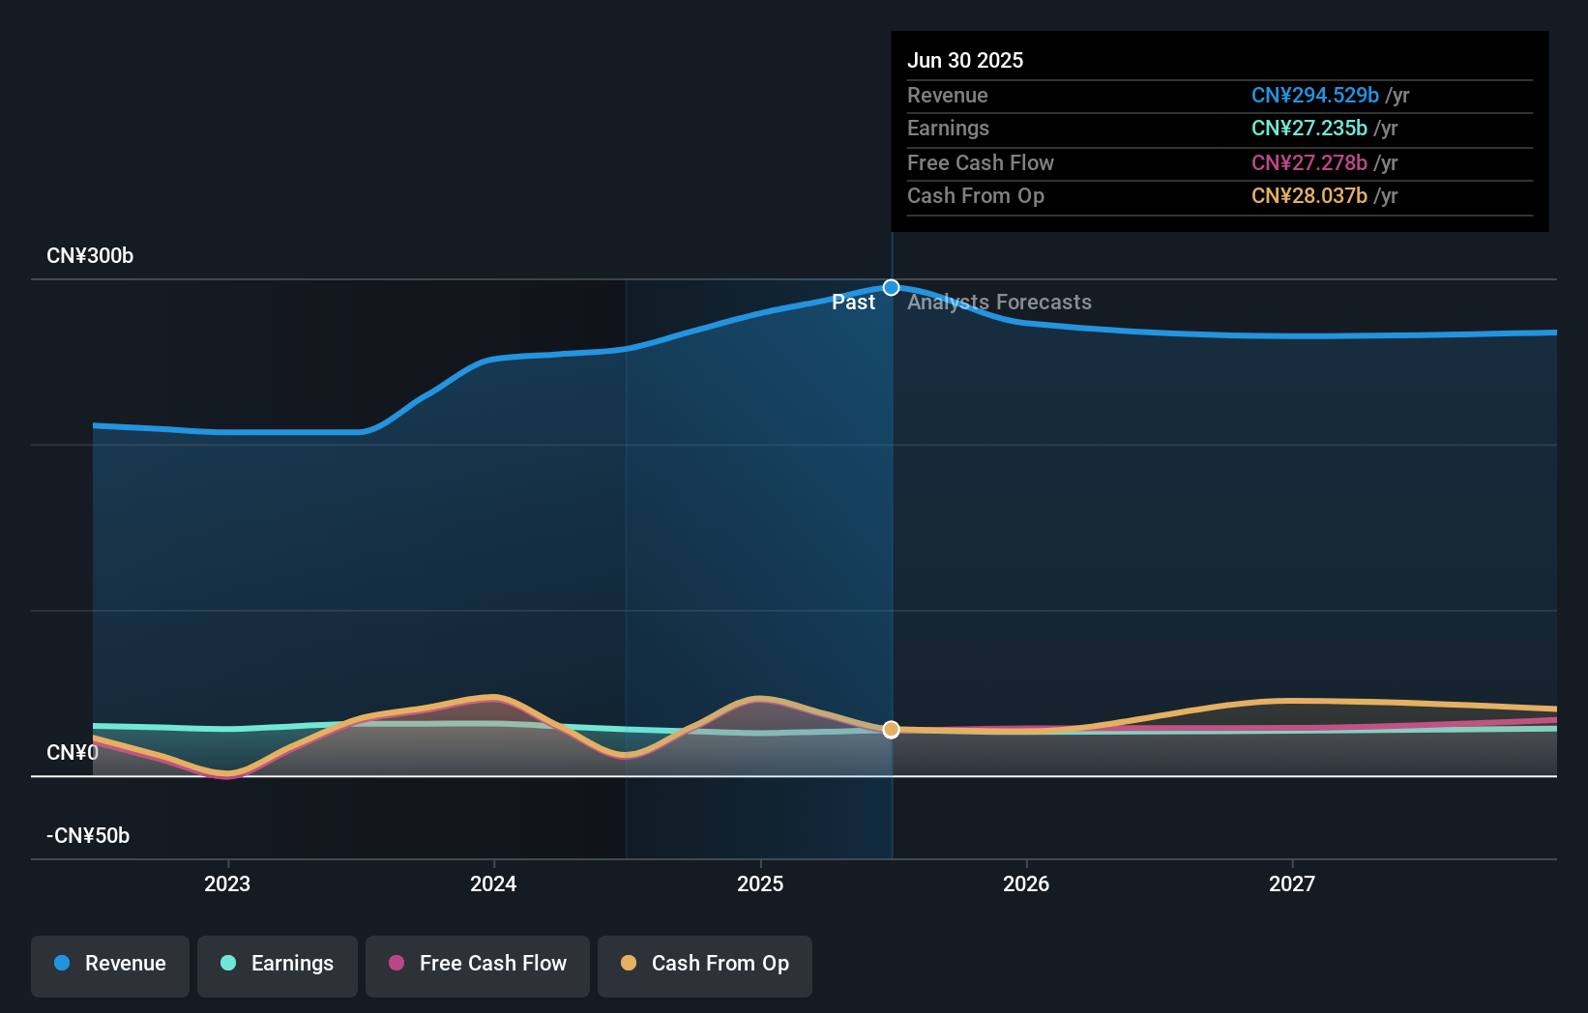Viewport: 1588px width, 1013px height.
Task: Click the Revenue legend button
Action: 110,964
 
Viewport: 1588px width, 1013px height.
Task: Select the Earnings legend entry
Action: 278,964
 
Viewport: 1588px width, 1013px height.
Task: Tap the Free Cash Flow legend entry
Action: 478,964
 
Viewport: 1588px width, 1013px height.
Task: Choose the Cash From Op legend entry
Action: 705,964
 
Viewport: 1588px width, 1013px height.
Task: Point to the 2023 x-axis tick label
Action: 227,883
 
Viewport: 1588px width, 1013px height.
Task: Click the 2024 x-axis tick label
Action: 493,883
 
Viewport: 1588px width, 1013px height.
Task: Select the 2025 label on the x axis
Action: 760,883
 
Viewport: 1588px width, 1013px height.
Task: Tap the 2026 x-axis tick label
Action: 1026,883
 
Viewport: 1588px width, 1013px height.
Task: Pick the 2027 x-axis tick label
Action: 1292,883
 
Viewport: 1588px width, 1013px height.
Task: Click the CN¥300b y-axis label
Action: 90,256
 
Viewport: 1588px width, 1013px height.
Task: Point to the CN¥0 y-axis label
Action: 73,752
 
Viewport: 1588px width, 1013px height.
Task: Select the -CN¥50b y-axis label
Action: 88,835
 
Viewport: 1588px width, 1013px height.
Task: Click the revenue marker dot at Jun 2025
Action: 892,288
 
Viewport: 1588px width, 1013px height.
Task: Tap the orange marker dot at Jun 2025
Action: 892,730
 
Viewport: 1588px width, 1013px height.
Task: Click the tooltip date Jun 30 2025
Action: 965,60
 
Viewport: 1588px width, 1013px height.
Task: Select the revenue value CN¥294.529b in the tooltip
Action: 1315,95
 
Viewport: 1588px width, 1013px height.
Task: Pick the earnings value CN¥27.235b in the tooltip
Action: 1309,129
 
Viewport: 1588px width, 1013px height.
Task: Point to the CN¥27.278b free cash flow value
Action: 1309,162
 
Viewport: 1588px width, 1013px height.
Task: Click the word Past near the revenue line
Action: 853,303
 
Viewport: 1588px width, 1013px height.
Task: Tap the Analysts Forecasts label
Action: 999,303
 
